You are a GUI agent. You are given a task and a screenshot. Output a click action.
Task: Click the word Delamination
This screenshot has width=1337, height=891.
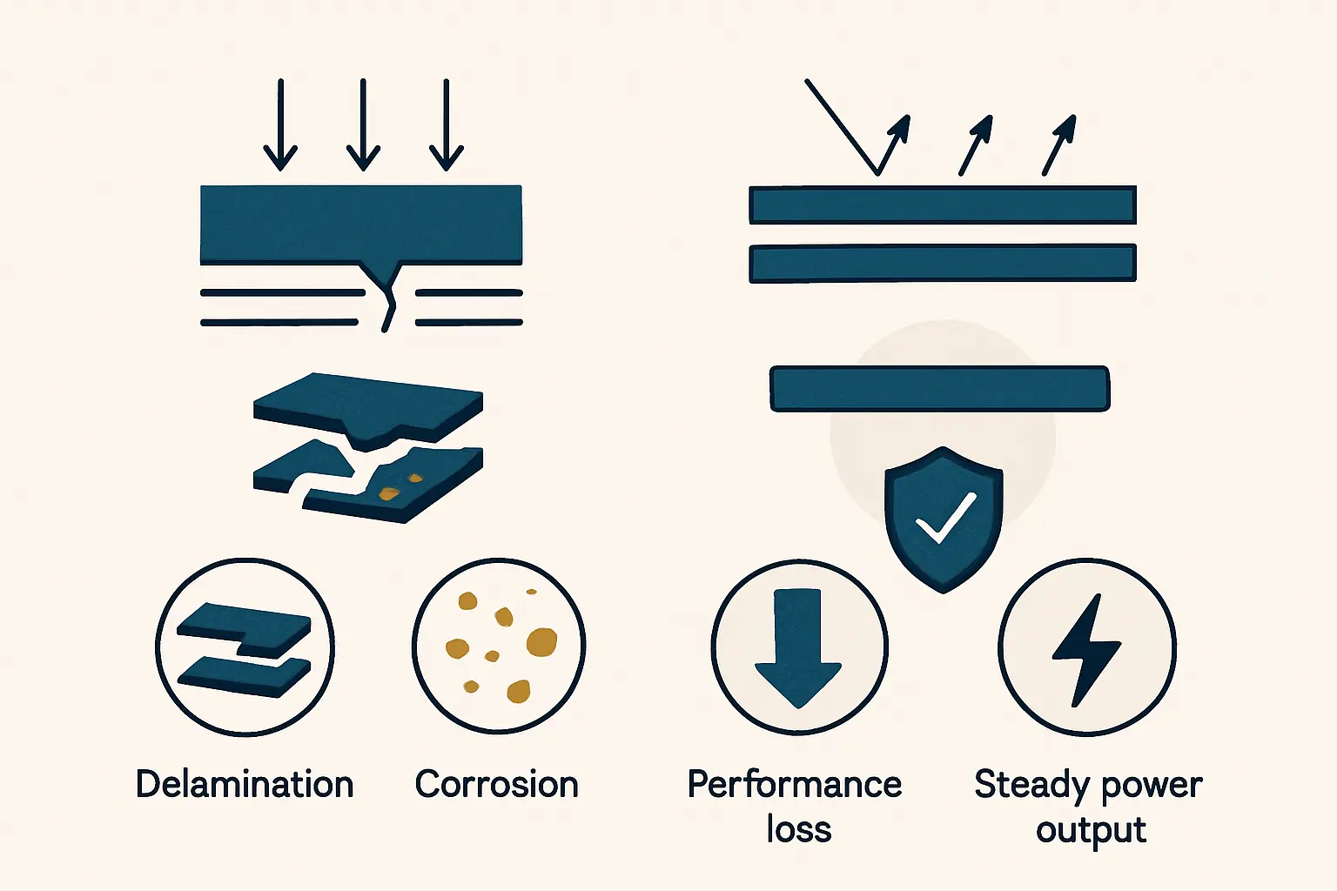245,784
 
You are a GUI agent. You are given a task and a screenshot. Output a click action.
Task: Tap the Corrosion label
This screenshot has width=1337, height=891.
496,784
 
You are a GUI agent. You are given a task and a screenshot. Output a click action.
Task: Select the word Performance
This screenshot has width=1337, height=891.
794,784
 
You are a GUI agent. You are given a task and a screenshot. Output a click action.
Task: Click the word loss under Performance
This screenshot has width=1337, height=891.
799,829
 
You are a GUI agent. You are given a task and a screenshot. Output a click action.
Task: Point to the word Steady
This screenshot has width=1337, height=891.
1031,784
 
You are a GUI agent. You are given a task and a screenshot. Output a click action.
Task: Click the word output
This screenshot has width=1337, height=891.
1091,830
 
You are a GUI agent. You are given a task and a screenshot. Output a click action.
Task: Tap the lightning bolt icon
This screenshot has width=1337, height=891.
1086,649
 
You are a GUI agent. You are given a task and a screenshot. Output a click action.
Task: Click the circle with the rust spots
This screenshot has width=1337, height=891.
499,646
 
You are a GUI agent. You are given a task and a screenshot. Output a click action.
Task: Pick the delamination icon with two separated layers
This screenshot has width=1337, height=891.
245,648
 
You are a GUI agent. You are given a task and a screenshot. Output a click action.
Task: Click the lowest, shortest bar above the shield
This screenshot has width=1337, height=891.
939,388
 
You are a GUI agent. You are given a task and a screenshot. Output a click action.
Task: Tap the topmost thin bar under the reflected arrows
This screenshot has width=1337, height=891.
943,205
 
